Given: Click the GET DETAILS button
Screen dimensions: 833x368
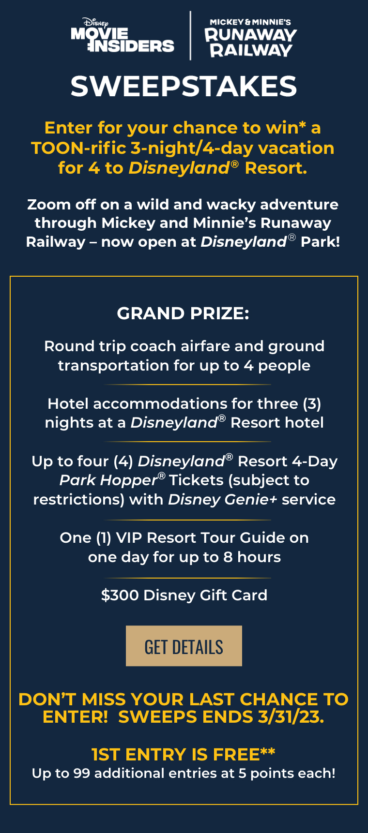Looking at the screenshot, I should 184,646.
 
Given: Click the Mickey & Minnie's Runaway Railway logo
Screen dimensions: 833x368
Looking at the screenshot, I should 250,39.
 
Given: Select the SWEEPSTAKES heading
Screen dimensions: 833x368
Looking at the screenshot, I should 184,87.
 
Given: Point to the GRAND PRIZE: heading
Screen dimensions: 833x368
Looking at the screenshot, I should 183,313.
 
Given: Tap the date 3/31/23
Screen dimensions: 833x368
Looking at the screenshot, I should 291,716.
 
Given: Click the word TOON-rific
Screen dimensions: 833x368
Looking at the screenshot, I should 78,148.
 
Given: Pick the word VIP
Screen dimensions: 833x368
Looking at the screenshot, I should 129,538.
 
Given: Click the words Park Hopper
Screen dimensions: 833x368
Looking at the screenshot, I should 108,480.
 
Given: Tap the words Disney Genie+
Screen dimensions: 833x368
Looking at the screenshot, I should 222,499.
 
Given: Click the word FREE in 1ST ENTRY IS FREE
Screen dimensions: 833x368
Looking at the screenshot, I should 236,755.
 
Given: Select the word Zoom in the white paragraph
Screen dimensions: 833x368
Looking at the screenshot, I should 48,205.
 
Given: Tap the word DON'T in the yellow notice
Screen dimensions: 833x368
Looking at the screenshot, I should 47,699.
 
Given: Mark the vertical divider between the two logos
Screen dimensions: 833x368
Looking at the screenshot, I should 190,36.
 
